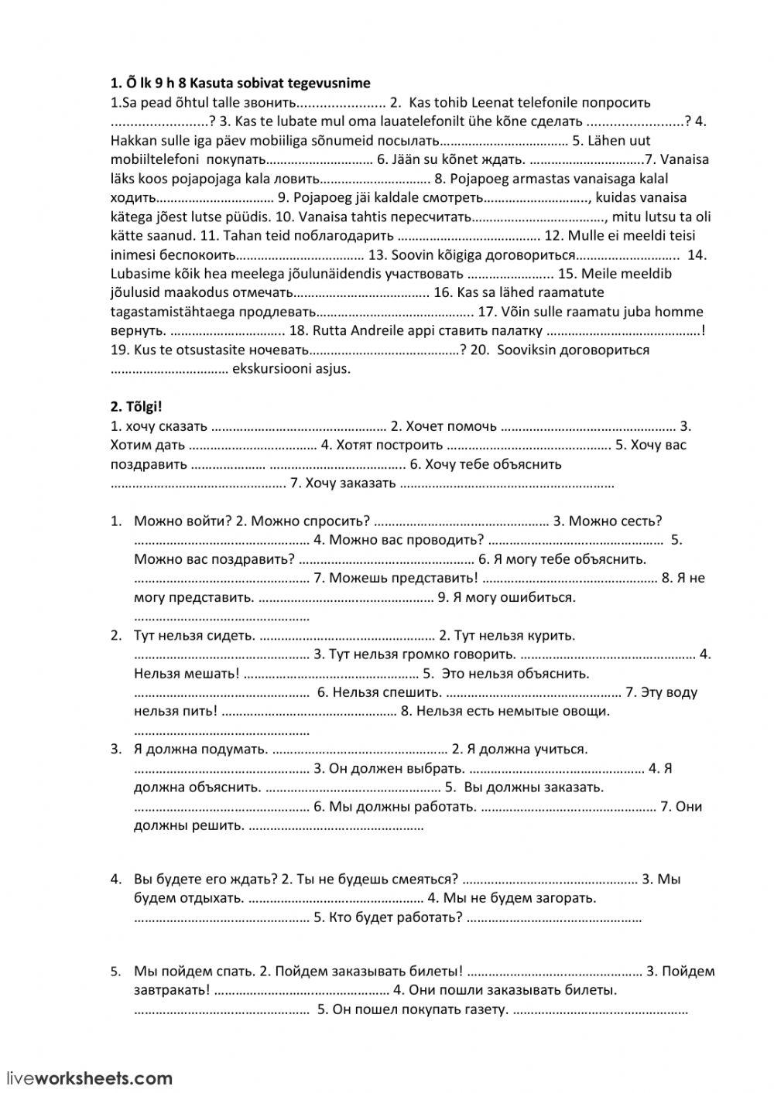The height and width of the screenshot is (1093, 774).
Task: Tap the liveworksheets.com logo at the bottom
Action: click(90, 1078)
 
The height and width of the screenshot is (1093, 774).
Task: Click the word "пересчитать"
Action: click(429, 217)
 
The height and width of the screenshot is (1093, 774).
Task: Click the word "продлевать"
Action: click(277, 313)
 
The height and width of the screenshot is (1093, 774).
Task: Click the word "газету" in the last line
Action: click(485, 1010)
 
